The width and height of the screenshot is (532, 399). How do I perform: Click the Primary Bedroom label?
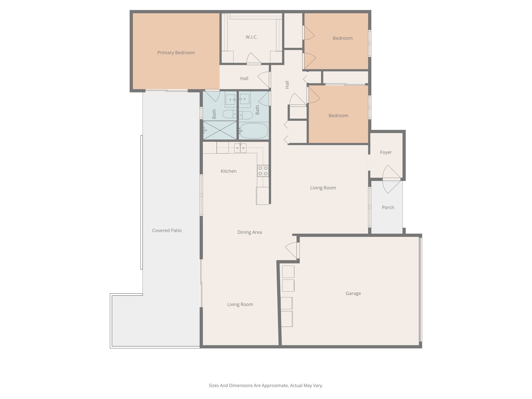(x=176, y=53)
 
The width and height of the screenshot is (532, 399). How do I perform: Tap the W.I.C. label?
(x=251, y=37)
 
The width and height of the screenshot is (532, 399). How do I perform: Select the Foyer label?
(x=386, y=152)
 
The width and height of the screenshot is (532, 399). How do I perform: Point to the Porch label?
(x=388, y=207)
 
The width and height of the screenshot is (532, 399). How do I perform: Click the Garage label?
(x=353, y=293)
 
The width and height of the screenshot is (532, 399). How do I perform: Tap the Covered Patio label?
(x=167, y=230)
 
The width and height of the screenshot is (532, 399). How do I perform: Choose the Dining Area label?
(x=249, y=232)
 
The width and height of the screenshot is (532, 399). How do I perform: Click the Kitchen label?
(x=229, y=171)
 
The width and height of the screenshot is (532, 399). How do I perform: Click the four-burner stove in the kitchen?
(x=263, y=171)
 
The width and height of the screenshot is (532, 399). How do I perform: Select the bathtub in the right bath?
(x=253, y=131)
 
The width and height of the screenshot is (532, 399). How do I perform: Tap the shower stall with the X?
(x=220, y=130)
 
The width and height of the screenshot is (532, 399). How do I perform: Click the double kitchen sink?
(x=240, y=148)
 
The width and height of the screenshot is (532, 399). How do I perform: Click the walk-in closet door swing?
(x=252, y=58)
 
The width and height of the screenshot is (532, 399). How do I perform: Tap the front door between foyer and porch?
(x=391, y=179)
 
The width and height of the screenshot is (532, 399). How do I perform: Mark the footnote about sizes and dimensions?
(x=266, y=385)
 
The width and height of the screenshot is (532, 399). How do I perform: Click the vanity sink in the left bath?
(x=230, y=99)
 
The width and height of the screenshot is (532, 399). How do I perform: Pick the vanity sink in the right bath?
(x=244, y=99)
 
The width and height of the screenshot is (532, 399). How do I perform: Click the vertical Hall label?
(x=287, y=85)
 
